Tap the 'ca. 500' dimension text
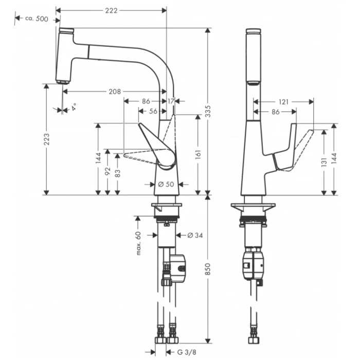pos(38,19)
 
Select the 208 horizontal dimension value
pos(115,92)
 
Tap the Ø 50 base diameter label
pos(165,184)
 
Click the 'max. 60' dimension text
pos(138,243)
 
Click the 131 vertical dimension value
pos(324,163)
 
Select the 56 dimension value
pos(153,111)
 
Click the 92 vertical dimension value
pos(107,172)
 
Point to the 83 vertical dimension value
pos(118,173)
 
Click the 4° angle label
pos(75,106)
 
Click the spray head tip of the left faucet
pos(62,81)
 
